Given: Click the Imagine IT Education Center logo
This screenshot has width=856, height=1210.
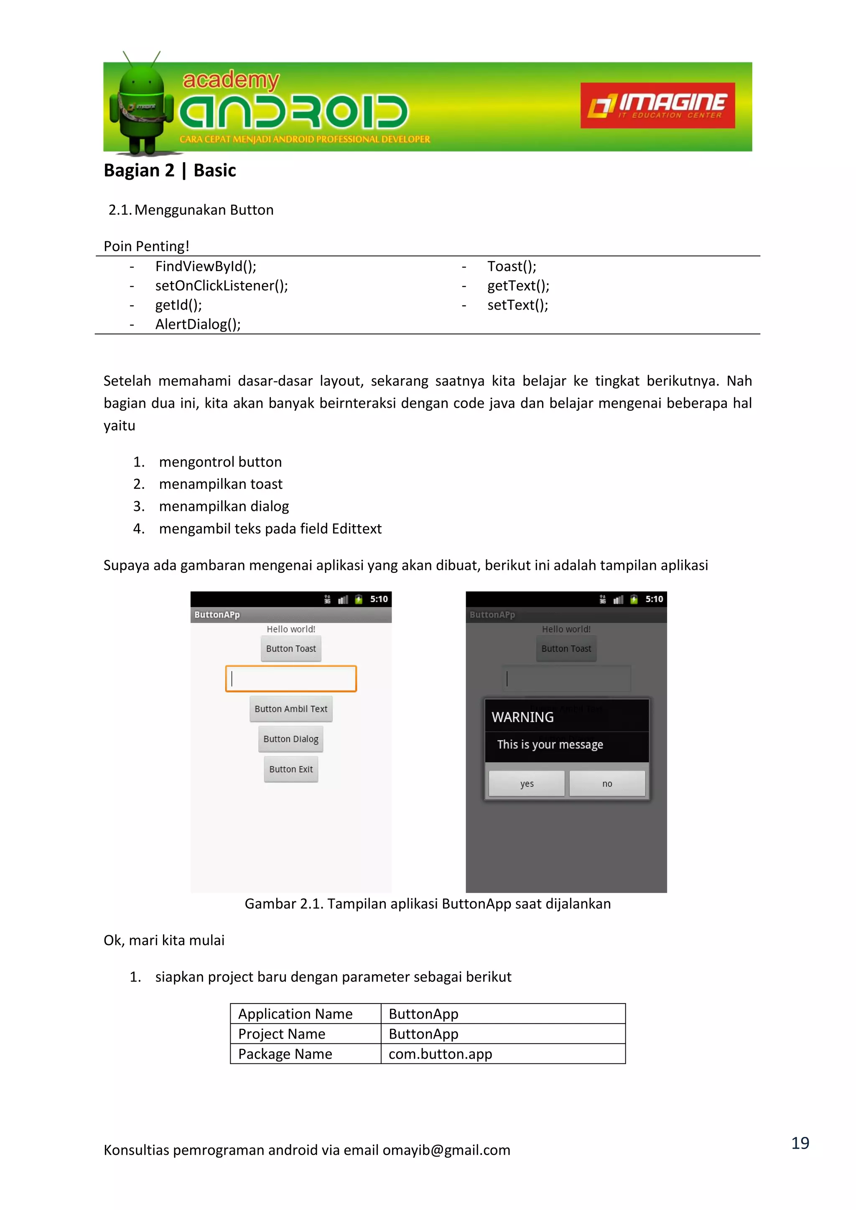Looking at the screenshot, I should tap(657, 105).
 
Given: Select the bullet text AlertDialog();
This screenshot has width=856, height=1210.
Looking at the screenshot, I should tap(198, 324).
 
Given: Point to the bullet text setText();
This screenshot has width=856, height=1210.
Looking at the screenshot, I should tap(517, 305).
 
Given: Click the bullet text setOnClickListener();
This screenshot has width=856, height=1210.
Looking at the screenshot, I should tap(222, 286).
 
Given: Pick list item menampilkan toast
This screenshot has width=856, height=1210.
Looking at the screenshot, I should tap(220, 484).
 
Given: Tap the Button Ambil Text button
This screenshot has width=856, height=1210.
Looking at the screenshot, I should tap(291, 709).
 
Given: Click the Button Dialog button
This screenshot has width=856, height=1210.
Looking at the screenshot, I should tap(291, 739).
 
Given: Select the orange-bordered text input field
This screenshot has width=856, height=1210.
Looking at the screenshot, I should tap(291, 679).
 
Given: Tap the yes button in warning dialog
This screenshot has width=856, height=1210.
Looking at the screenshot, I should tap(527, 784).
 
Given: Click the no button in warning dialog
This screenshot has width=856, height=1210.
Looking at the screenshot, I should tap(607, 784).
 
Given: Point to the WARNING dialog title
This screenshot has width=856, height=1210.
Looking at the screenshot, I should tap(522, 717).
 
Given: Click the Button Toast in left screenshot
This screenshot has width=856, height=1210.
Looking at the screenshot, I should tap(291, 649).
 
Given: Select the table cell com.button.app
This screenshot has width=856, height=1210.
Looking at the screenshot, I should tap(440, 1054).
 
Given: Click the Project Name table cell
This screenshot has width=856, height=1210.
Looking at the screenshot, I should tap(282, 1034).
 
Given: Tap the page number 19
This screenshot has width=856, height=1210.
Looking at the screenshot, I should tap(800, 1143).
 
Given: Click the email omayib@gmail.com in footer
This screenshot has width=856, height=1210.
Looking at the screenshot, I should tap(446, 1150).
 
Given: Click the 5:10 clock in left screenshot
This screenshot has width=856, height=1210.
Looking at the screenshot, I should tap(378, 599).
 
